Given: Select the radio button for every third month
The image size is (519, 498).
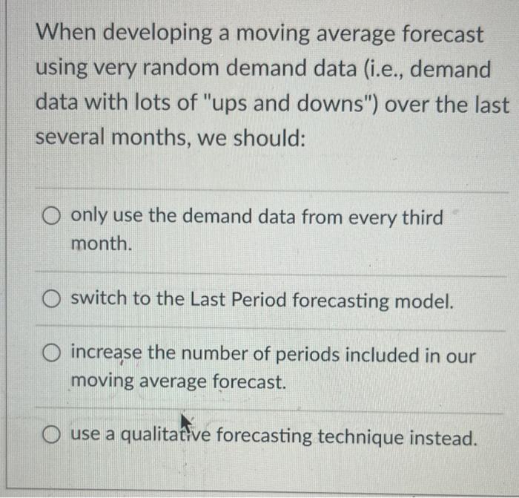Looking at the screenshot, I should (50, 218).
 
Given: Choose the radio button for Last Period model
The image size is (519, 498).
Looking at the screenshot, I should (50, 301).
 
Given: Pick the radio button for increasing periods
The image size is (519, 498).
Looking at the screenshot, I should (50, 355).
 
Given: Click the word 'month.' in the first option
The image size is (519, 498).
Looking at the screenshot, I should (102, 243).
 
